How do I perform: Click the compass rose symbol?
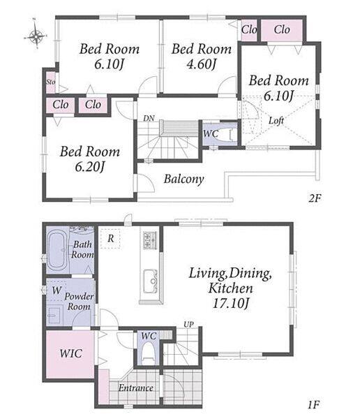point(36,35)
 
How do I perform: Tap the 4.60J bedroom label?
point(201,64)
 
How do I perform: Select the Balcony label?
point(184,179)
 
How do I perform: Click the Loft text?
point(276,121)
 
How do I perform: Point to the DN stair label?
point(149,118)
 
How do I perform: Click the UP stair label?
point(188,325)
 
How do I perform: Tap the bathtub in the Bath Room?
point(57,251)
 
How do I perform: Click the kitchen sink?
point(151,281)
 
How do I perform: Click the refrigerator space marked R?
point(110,238)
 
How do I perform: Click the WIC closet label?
point(70,353)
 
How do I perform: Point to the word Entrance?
point(136,388)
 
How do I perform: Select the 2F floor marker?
point(315,198)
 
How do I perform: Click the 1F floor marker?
point(313,405)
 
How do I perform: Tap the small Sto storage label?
point(50,82)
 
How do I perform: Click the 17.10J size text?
point(231,303)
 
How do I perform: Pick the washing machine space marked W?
point(57,291)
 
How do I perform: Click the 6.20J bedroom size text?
point(90,168)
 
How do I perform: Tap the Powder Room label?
point(79,302)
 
